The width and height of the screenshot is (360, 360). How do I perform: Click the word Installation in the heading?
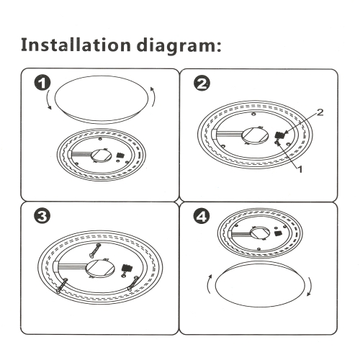(x=76, y=45)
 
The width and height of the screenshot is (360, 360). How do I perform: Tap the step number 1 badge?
(x=42, y=83)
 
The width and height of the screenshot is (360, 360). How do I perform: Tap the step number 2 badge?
(x=202, y=84)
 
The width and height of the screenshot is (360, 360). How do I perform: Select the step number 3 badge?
(x=42, y=216)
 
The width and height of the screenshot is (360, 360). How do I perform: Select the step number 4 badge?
(x=202, y=216)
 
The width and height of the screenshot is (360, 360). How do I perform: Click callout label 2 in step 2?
(x=320, y=112)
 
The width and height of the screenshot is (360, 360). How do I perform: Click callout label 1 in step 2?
(x=300, y=169)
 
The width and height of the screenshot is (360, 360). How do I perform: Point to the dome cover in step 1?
(x=102, y=99)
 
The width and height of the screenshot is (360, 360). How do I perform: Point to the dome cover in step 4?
(x=260, y=284)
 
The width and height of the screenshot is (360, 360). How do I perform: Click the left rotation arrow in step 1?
(x=48, y=100)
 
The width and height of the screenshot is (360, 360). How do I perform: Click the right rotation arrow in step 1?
(x=153, y=96)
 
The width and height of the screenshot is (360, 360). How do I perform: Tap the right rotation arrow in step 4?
(x=310, y=287)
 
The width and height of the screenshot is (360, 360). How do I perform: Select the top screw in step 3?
(x=95, y=251)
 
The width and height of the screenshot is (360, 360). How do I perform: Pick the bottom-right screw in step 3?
(x=133, y=283)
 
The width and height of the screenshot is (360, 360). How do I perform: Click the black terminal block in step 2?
(x=279, y=135)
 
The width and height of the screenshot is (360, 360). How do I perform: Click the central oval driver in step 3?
(x=100, y=269)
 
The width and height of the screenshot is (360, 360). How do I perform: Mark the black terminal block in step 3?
(x=127, y=268)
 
